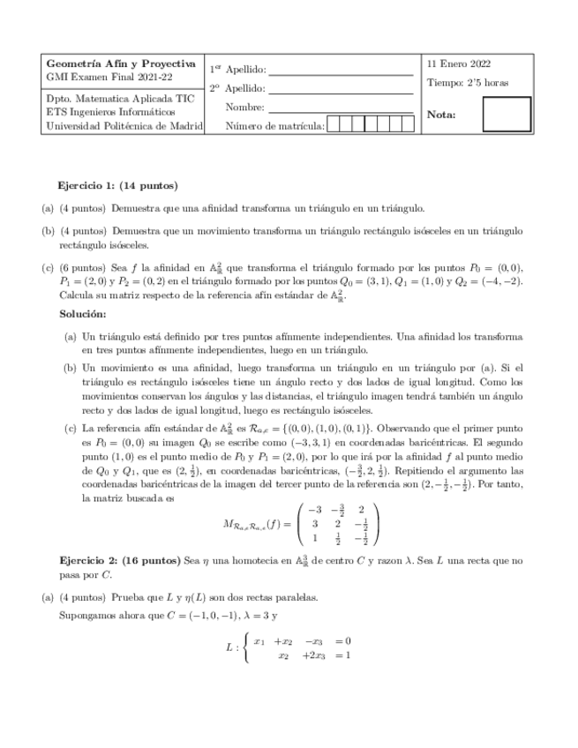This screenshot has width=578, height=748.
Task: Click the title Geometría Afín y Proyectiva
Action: point(120,64)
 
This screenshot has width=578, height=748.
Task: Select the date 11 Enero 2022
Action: point(459,64)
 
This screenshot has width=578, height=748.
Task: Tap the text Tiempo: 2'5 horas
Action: point(467,83)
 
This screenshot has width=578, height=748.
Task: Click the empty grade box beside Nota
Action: point(507,114)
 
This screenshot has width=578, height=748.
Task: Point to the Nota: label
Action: point(441,115)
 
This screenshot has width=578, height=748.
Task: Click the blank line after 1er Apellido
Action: point(340,71)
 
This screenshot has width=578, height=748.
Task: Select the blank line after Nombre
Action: point(340,108)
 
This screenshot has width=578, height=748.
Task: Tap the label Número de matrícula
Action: point(275,126)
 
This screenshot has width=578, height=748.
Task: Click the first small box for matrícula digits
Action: point(334,124)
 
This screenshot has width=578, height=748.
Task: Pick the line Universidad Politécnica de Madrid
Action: point(124,126)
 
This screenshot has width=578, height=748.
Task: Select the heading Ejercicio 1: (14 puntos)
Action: point(117,185)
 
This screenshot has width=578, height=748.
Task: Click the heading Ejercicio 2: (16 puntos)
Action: point(119,560)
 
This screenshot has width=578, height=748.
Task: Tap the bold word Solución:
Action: point(83,314)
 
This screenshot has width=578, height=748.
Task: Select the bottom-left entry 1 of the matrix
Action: point(315,537)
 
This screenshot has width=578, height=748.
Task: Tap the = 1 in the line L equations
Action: point(343,655)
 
